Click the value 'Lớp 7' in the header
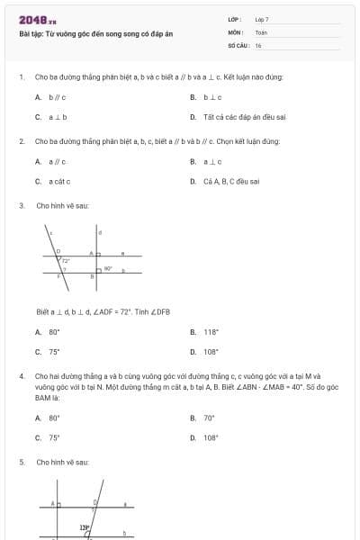262,18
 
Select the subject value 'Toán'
261,31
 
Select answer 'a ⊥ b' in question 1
58,117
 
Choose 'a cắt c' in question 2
60,181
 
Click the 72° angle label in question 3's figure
66,261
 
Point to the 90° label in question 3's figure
108,268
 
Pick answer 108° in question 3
211,352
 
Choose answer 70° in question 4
209,418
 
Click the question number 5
21,462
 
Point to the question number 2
21,141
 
